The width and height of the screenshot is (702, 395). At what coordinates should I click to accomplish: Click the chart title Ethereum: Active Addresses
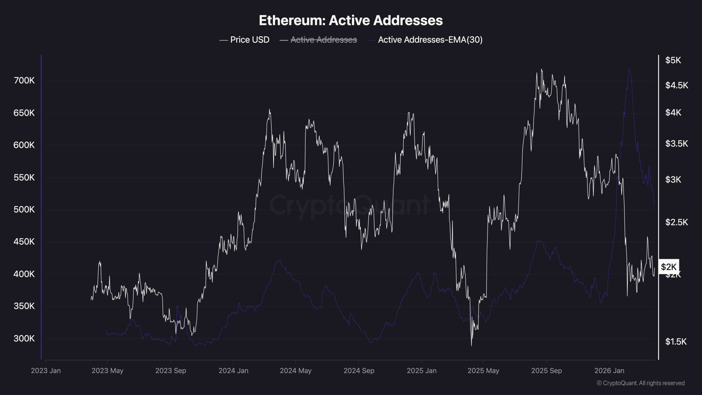point(351,21)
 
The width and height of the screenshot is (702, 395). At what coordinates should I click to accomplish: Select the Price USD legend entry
point(250,40)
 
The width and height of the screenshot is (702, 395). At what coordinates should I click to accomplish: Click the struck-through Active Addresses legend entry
point(324,40)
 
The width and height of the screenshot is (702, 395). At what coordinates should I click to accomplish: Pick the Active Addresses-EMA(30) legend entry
point(430,40)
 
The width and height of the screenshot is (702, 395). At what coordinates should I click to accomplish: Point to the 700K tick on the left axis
point(24,81)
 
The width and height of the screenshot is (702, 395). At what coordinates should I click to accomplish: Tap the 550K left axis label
point(24,178)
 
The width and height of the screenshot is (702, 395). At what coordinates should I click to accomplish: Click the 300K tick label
point(24,338)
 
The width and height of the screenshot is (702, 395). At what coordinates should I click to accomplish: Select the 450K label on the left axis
point(24,242)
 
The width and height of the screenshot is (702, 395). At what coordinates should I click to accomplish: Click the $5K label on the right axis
point(673,60)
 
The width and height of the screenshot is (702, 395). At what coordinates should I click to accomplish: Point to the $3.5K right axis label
point(676,143)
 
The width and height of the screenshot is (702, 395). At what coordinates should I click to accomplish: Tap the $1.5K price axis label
point(676,342)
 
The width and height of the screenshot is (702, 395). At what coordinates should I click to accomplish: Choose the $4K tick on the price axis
point(673,112)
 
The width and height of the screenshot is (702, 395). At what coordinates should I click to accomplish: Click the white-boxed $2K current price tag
point(669,267)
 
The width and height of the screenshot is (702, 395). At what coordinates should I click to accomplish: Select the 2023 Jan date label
point(46,371)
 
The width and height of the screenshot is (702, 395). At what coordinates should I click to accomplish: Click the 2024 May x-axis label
point(296,371)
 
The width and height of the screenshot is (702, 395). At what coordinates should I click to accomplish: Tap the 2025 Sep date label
point(547,371)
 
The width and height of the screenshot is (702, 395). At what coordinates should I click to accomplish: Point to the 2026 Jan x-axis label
point(609,371)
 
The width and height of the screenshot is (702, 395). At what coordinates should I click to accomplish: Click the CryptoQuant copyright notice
point(641,383)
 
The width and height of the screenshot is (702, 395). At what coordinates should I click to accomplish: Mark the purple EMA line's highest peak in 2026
point(629,69)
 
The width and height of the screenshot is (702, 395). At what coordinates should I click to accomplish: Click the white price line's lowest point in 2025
point(471,346)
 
